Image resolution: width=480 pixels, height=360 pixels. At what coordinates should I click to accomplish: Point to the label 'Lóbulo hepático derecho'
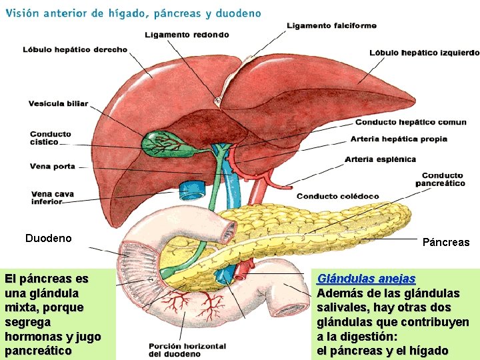click(75, 49)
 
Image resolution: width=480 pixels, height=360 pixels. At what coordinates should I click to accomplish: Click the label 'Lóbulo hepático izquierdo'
click(424, 52)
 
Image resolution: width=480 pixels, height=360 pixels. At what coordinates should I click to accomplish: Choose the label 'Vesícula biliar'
click(58, 103)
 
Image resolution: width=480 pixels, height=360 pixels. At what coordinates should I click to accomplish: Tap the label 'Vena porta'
click(52, 166)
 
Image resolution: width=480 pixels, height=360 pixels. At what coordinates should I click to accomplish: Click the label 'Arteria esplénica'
click(380, 159)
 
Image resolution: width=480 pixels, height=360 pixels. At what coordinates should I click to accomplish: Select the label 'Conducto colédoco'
click(337, 196)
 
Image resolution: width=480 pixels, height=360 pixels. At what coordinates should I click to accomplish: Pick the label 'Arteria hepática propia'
click(399, 139)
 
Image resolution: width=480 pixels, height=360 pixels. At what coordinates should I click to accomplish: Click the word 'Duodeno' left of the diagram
click(48, 238)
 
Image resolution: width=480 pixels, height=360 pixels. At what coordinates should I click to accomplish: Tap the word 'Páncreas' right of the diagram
click(445, 242)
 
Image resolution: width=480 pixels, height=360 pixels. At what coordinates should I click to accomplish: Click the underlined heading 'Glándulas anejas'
click(366, 279)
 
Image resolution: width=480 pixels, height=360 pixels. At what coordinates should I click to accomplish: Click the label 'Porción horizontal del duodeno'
click(187, 349)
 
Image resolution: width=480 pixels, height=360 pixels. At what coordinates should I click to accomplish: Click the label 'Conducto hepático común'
click(411, 122)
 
